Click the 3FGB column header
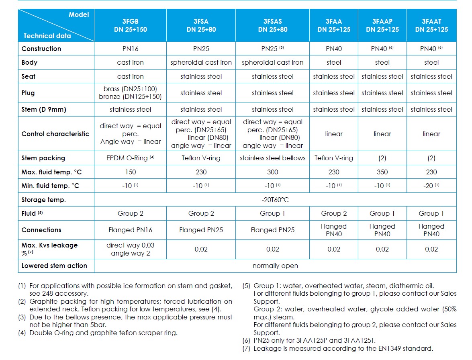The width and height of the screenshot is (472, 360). (x=130, y=25)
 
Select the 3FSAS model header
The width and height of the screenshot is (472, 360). (x=273, y=25)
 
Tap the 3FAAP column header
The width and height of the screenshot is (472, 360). (x=382, y=25)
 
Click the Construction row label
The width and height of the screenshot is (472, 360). (x=41, y=49)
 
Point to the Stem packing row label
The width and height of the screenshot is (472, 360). (x=43, y=158)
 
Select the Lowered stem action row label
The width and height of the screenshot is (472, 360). (x=54, y=266)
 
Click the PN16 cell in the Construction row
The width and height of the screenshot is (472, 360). (x=130, y=49)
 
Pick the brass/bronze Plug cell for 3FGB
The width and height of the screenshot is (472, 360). (x=130, y=93)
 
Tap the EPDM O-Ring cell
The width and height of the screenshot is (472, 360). (x=130, y=158)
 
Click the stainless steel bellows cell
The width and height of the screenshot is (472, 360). (x=273, y=158)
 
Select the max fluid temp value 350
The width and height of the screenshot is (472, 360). (x=382, y=172)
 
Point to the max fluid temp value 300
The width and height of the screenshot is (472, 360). (x=273, y=172)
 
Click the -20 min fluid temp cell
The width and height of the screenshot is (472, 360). (x=431, y=186)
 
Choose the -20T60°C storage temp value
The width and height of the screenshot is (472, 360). (x=275, y=200)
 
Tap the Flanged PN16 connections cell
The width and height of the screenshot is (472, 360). (x=130, y=230)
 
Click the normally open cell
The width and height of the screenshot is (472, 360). (x=275, y=266)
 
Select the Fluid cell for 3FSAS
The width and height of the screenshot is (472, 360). (x=273, y=213)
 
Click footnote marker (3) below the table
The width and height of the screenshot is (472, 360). (x=22, y=317)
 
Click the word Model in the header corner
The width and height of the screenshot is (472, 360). (x=79, y=14)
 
